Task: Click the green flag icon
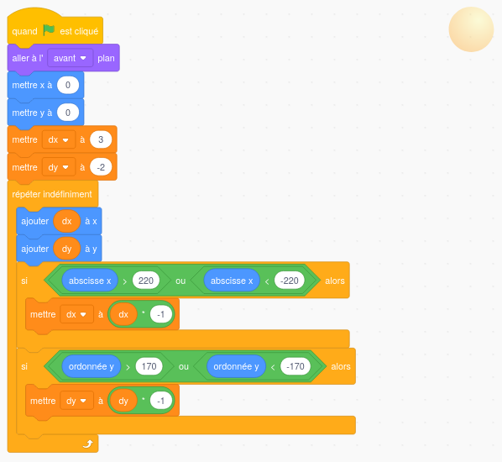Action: [x=49, y=29]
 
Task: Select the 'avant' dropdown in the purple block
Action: [x=71, y=58]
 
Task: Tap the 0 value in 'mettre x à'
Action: [x=68, y=85]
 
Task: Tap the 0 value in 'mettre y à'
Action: [x=68, y=113]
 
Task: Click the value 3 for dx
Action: [x=101, y=139]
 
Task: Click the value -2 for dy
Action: [x=101, y=167]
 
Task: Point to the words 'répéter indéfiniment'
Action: [x=52, y=194]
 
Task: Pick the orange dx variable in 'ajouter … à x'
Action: [x=66, y=221]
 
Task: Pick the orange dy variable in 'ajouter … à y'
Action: [x=66, y=249]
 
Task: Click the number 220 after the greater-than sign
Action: [x=146, y=281]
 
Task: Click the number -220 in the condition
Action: [x=289, y=281]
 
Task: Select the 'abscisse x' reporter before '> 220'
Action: [x=90, y=281]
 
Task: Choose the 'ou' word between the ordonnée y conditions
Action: [x=184, y=366]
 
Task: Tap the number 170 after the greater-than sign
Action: [x=149, y=366]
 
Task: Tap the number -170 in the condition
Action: [x=295, y=366]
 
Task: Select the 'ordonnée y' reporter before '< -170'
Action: [x=236, y=366]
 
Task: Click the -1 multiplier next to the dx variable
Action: [x=160, y=314]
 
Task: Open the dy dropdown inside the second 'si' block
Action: [x=76, y=401]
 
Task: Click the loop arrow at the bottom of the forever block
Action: [x=87, y=444]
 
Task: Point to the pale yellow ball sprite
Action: [x=471, y=29]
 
